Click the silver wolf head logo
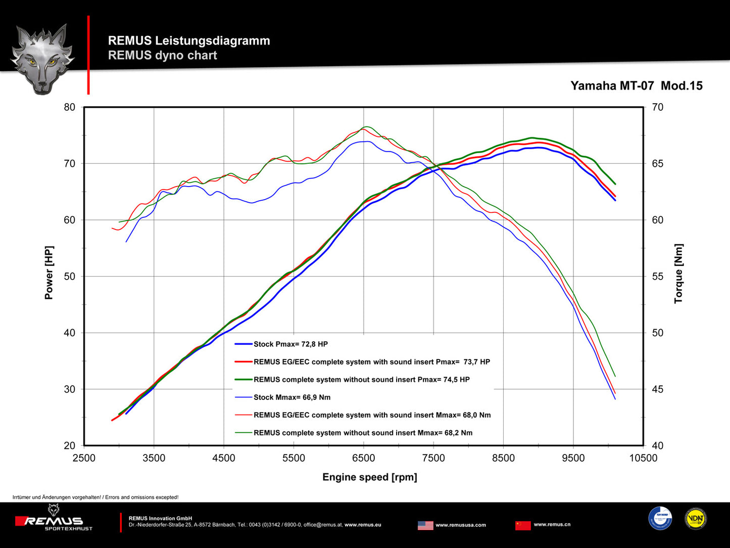(42, 58)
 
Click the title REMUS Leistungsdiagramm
(189, 41)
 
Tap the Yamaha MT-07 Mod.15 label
(636, 86)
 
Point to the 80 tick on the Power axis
(70, 107)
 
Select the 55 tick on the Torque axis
(657, 277)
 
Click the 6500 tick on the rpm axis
(364, 458)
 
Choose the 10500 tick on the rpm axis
(643, 458)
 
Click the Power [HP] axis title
(49, 272)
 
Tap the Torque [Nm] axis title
(678, 273)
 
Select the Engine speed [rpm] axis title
(370, 477)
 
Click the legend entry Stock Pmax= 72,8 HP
(290, 344)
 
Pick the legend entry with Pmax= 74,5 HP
(361, 380)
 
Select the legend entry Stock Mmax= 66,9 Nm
(291, 397)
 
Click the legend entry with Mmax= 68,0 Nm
(372, 415)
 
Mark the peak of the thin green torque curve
(367, 127)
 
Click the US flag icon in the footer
(425, 525)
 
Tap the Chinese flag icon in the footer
(523, 525)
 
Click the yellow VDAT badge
(696, 519)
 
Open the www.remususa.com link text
(461, 525)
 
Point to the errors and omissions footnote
(95, 497)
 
